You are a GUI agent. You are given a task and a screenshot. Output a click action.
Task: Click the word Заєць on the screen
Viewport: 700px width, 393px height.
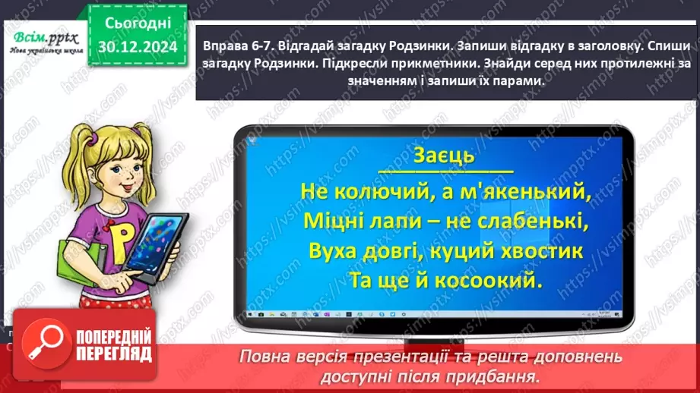point(444,156)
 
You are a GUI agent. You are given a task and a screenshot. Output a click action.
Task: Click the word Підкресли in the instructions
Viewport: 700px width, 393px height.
point(358,64)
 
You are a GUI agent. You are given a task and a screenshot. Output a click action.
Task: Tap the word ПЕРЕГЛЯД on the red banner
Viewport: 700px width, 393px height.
point(114,354)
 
